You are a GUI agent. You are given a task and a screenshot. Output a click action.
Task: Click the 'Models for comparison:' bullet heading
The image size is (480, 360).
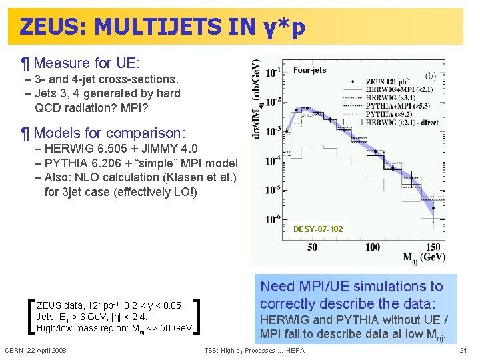pos(109,133)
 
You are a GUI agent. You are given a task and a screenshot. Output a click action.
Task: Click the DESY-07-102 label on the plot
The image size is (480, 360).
pos(318,229)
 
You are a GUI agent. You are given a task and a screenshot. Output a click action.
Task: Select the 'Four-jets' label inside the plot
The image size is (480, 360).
pos(309,70)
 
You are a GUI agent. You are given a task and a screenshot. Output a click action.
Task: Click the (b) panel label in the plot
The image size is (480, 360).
pos(430,76)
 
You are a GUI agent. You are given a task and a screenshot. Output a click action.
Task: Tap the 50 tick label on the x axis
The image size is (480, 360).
pos(312,247)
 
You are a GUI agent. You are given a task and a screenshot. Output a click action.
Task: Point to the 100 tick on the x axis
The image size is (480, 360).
pos(373,247)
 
